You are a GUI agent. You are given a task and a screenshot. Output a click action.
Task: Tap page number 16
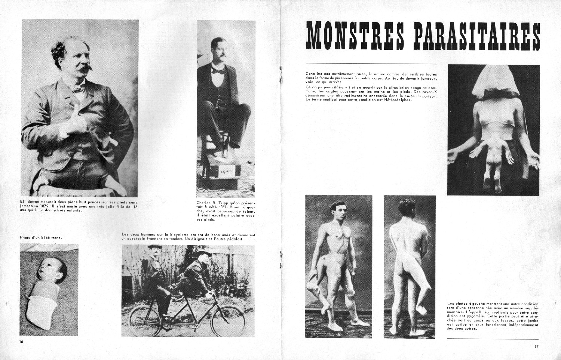click(x=22, y=342)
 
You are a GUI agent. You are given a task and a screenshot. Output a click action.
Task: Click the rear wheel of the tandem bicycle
click(x=144, y=321)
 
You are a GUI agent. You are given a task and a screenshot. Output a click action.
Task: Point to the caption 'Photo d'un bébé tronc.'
click(x=41, y=237)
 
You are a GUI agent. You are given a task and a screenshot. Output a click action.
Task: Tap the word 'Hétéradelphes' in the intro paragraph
click(x=398, y=99)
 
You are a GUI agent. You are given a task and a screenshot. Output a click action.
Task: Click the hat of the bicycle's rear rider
click(x=154, y=247)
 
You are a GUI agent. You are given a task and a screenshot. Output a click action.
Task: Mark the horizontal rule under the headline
click(x=371, y=64)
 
